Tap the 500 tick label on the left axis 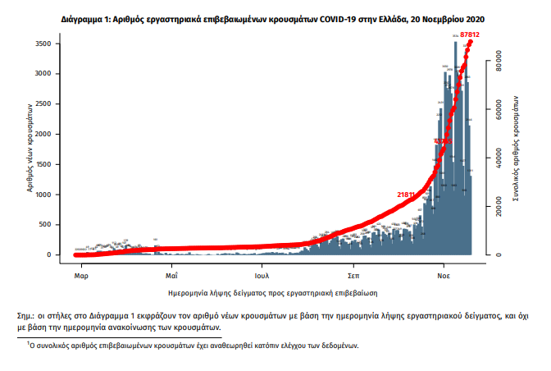[x=48, y=224]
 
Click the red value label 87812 [x=471, y=34]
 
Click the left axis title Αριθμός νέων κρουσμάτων [x=29, y=148]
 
